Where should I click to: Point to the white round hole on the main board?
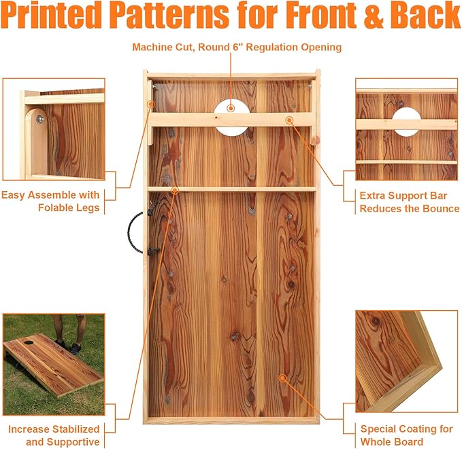point(232,118)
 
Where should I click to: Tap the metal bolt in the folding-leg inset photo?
point(39,119)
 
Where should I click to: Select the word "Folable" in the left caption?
point(57,207)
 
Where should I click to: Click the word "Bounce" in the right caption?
point(441,209)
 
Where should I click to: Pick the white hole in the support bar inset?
point(406,122)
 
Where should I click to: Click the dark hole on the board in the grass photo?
point(28,342)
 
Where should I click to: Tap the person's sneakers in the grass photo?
point(70,347)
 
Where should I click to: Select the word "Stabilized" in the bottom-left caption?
point(73,429)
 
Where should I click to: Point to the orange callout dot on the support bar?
point(290,120)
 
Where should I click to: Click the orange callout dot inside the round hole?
point(231,108)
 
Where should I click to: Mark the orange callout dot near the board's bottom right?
point(282,378)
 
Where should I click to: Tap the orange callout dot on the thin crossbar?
point(176,190)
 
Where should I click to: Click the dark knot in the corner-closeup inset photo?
point(376,321)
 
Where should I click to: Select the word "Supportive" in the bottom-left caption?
point(73,442)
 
